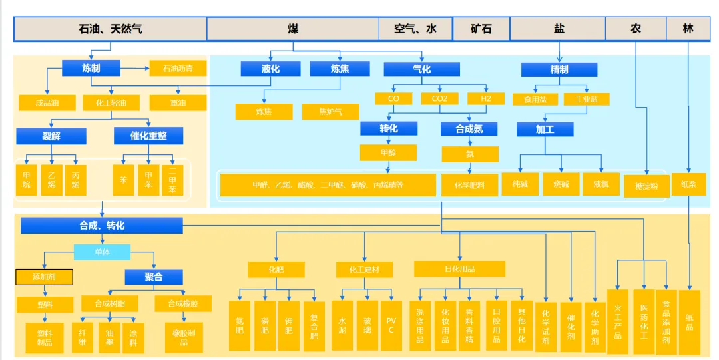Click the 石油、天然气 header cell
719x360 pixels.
point(110,29)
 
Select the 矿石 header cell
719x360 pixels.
point(481,29)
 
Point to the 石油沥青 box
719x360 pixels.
point(178,68)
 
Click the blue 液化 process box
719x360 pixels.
point(270,69)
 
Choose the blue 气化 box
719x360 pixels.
point(421,69)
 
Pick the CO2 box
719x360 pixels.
point(440,98)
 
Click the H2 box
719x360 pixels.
point(485,98)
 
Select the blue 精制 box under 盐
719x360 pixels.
point(559,69)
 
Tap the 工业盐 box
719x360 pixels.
point(586,99)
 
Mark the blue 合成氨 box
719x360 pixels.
point(469,129)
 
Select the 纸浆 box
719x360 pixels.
point(688,184)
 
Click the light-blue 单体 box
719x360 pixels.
point(102,252)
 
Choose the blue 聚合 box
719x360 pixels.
point(154,277)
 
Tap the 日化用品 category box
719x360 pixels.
point(459,269)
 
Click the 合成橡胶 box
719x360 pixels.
point(183,304)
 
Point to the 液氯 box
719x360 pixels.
point(600,184)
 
